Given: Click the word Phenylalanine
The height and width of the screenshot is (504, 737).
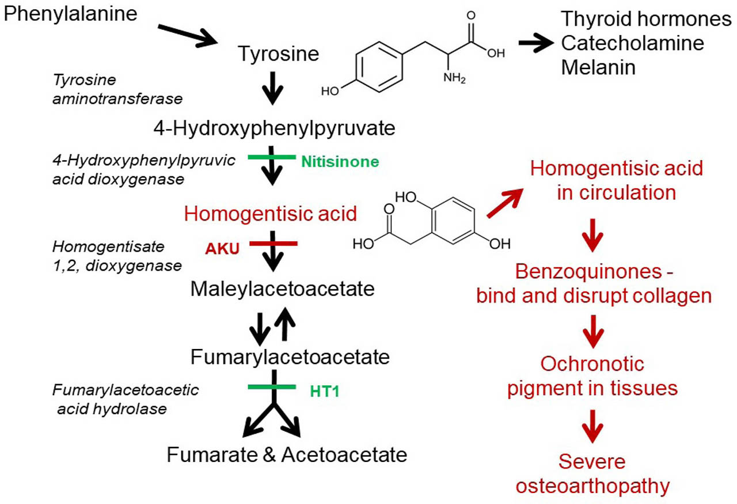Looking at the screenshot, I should [70, 13].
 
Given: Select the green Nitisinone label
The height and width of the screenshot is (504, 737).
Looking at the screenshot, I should [340, 162].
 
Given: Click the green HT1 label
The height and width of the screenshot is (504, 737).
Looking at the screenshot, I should [325, 392].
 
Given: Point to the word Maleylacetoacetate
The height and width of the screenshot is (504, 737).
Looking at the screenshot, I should [283, 289].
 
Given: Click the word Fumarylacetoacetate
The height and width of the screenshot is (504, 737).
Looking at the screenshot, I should [290, 358].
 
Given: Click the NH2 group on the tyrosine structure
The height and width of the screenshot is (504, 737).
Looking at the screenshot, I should [454, 77].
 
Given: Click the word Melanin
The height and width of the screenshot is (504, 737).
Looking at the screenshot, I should [598, 68].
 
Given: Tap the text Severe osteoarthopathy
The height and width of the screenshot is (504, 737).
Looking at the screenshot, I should [592, 473].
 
